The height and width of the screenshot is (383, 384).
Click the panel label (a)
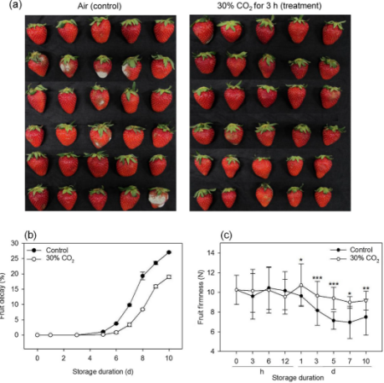pyautogui.click(x=15, y=5)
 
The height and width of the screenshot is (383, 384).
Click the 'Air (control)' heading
pyautogui.click(x=100, y=6)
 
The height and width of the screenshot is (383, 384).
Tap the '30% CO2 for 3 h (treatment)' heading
pyautogui.click(x=269, y=6)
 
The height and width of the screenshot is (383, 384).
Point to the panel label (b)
pyautogui.click(x=31, y=235)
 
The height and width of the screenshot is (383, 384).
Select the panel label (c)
pyautogui.click(x=226, y=235)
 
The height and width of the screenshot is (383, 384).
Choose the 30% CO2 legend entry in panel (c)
pyautogui.click(x=355, y=258)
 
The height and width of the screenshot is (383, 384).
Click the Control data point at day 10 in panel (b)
pyautogui.click(x=169, y=252)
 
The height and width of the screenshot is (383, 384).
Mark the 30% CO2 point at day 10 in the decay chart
pyautogui.click(x=169, y=277)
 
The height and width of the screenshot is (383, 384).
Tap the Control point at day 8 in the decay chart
pyautogui.click(x=142, y=276)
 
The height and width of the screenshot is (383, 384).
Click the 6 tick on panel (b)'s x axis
pyautogui.click(x=116, y=358)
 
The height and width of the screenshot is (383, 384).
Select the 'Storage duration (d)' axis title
pyautogui.click(x=103, y=372)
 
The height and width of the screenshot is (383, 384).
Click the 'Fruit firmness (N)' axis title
pyautogui.click(x=201, y=297)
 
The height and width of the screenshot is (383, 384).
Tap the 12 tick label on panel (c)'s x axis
pyautogui.click(x=285, y=361)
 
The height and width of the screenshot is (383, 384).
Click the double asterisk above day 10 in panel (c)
pyautogui.click(x=366, y=288)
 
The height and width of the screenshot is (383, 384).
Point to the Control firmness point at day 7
pyautogui.click(x=350, y=322)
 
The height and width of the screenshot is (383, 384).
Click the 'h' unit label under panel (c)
pyautogui.click(x=262, y=371)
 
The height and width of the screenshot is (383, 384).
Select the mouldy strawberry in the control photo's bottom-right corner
pyautogui.click(x=158, y=198)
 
